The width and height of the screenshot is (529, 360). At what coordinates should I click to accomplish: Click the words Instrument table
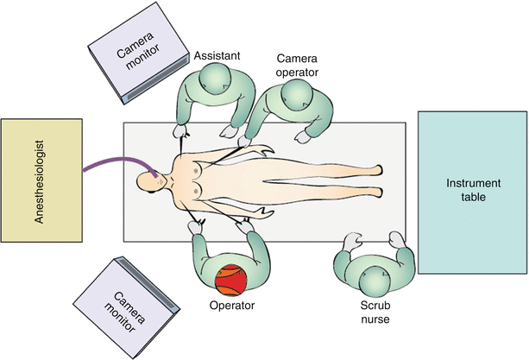(467, 191)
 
